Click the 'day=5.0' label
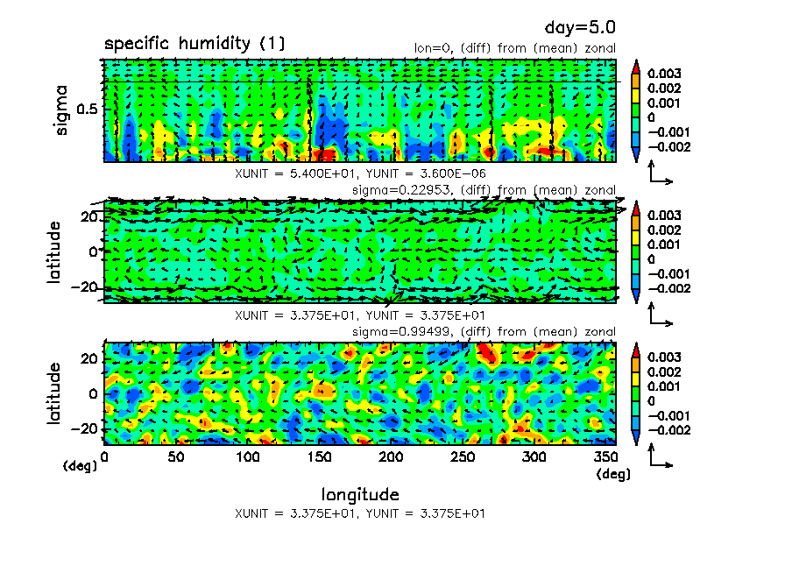tap(581, 28)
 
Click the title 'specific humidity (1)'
tap(194, 44)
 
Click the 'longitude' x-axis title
tap(360, 494)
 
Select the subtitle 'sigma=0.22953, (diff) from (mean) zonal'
tap(484, 190)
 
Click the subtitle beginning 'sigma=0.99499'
tap(484, 331)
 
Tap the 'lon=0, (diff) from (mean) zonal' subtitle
tap(515, 48)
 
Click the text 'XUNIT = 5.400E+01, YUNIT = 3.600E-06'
tap(360, 173)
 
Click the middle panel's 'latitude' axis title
tap(55, 251)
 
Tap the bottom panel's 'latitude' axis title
tap(55, 393)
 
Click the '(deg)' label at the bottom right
tap(612, 474)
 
